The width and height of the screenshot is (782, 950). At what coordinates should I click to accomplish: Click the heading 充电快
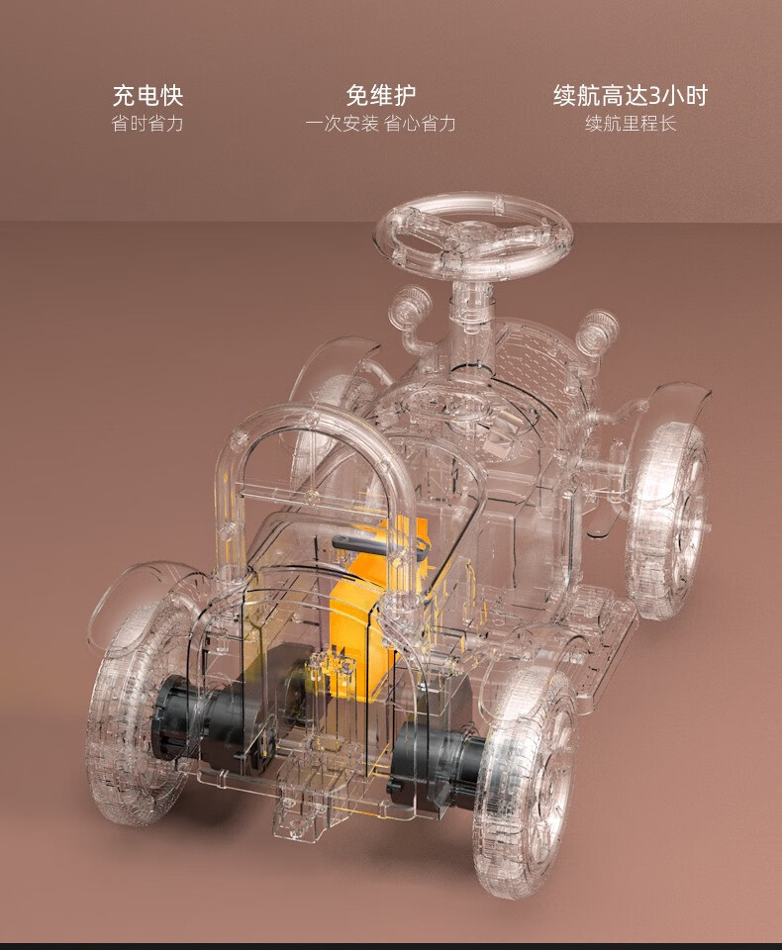pos(147,95)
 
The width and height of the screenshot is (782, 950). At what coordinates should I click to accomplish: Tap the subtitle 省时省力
pos(147,124)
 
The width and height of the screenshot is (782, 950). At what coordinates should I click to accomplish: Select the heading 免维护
pos(381,95)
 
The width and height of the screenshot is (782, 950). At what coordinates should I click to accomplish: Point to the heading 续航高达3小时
pos(631,95)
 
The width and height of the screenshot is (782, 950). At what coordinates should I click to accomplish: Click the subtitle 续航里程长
pos(631,124)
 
